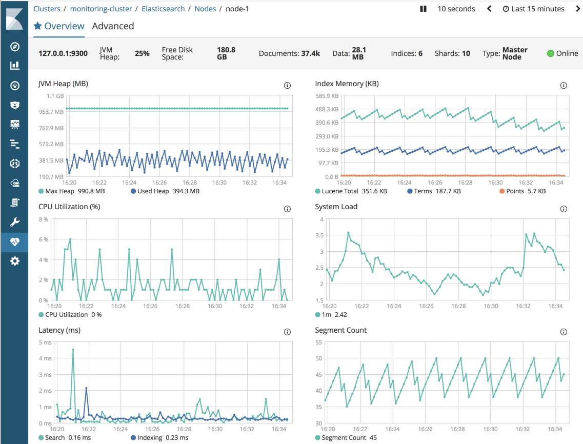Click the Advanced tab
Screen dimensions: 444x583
pyautogui.click(x=113, y=26)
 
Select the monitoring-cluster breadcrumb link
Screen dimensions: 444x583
pyautogui.click(x=101, y=9)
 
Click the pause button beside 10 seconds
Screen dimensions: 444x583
pyautogui.click(x=423, y=9)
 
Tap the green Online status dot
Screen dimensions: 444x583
pyautogui.click(x=550, y=53)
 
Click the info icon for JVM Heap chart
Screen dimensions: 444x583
pyautogui.click(x=287, y=86)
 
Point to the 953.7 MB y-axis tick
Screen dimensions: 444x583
pyautogui.click(x=51, y=112)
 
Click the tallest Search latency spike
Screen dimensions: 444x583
pyautogui.click(x=73, y=350)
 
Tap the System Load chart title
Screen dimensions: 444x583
pyautogui.click(x=336, y=207)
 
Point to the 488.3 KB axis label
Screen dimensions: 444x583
pyautogui.click(x=327, y=109)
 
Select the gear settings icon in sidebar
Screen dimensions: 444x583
pyautogui.click(x=14, y=261)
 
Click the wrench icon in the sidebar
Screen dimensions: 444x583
pyautogui.click(x=14, y=222)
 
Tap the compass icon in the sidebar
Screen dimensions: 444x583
pyautogui.click(x=14, y=47)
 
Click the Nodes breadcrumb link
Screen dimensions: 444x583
pyautogui.click(x=205, y=9)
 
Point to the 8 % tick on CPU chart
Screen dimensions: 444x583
pyautogui.click(x=44, y=219)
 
